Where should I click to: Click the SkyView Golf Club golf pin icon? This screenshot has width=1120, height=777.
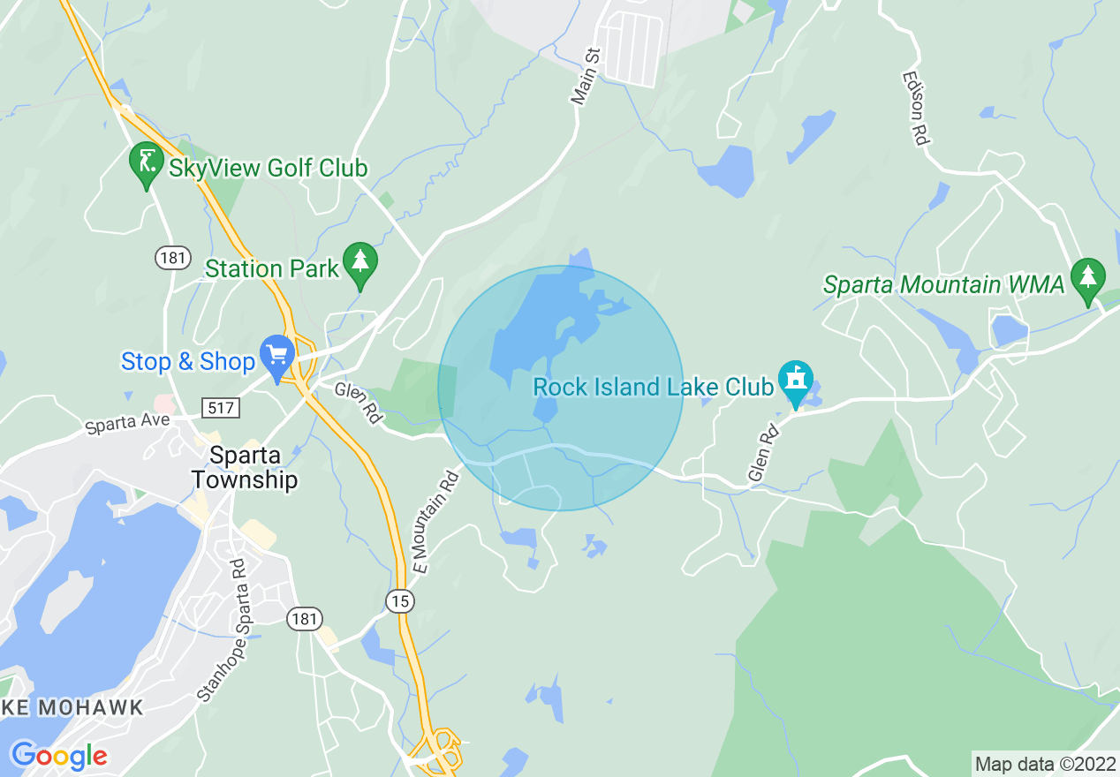click(147, 162)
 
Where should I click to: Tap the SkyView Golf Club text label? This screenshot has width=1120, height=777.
click(268, 168)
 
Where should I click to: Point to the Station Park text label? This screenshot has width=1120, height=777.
click(272, 268)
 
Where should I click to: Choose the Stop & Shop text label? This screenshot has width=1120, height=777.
click(187, 361)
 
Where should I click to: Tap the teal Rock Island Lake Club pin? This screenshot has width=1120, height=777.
click(796, 381)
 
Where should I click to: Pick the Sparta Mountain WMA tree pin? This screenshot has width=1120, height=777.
click(1088, 279)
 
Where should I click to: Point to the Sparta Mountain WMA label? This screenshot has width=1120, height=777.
click(943, 285)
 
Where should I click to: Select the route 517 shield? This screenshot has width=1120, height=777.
click(218, 408)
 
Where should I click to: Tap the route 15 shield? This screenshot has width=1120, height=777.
click(400, 601)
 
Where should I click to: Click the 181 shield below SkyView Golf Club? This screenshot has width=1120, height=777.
click(171, 258)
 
